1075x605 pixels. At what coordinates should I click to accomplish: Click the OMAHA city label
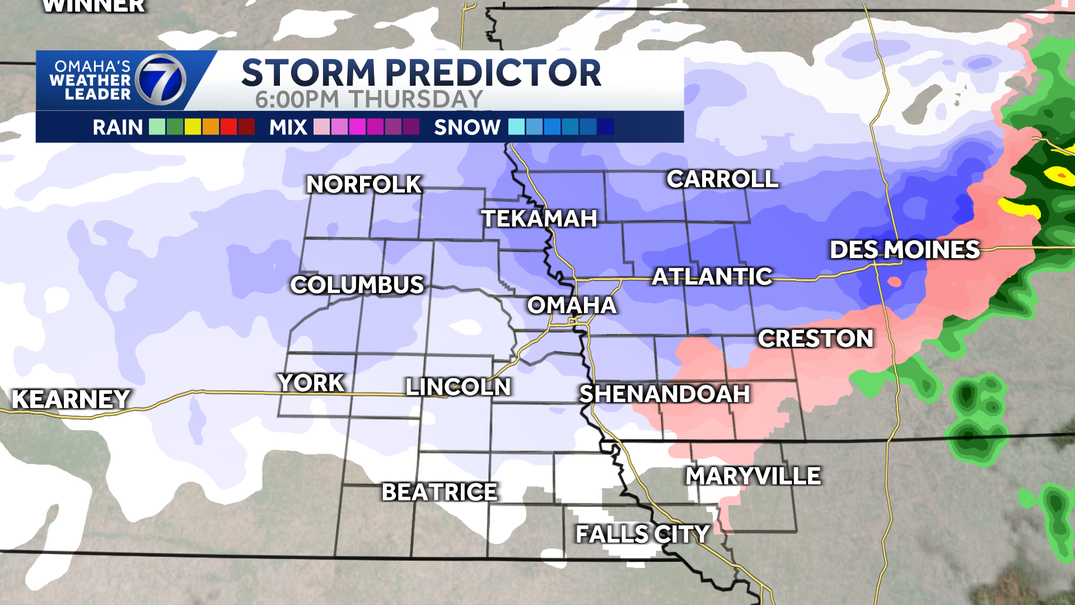[x=572, y=305]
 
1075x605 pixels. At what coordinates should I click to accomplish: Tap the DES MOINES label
[x=904, y=250]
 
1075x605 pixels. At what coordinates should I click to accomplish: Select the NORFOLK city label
[x=364, y=184]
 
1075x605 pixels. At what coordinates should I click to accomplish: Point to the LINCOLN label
[x=458, y=387]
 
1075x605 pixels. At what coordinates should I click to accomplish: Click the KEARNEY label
[x=71, y=399]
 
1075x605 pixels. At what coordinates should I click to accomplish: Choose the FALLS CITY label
[x=642, y=534]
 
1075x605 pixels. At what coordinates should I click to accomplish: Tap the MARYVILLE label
[x=753, y=476]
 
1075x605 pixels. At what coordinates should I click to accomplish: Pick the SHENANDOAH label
[x=664, y=394]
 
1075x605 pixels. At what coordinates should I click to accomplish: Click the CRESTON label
[x=815, y=338]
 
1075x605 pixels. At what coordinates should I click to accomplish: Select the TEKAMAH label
[x=539, y=218]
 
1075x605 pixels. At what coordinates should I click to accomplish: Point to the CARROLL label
[x=722, y=179]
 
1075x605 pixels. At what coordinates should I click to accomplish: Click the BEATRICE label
[x=440, y=492]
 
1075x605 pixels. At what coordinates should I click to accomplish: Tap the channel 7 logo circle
[x=161, y=80]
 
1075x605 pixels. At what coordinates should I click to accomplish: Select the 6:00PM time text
[x=297, y=100]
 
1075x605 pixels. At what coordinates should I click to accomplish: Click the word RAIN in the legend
[x=118, y=127]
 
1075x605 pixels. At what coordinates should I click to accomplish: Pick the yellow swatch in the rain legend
[x=193, y=127]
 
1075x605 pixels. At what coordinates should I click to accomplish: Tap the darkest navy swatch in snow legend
[x=606, y=127]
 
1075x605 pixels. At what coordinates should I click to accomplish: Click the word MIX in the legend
[x=288, y=127]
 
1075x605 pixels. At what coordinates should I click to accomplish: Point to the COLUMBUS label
[x=357, y=285]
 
